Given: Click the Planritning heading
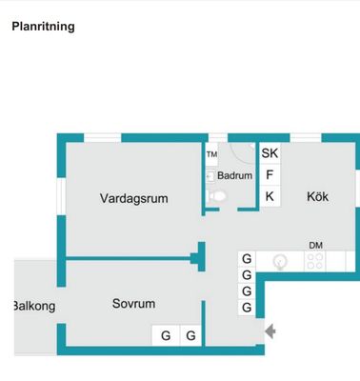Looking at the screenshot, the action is tap(43, 27).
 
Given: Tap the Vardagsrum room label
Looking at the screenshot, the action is tap(134, 198).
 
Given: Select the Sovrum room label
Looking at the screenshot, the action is tap(133, 304).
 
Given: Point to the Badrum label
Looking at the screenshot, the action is tap(234, 175).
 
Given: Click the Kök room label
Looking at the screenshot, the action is tap(317, 196).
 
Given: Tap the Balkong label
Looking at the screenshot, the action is tap(34, 306).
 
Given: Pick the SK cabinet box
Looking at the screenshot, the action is tap(270, 153).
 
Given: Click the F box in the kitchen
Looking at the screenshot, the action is tap(270, 175).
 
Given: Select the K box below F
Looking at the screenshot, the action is tap(270, 196).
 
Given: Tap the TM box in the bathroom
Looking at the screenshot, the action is tap(211, 154).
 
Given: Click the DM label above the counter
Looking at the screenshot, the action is tap(315, 246).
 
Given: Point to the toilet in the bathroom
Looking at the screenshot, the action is tap(217, 196).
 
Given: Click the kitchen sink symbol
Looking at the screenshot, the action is tap(280, 262).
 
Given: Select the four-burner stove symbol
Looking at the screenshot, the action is tap(314, 261).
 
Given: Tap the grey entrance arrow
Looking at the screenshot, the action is tap(270, 331).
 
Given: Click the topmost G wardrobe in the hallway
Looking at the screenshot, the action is tap(247, 259).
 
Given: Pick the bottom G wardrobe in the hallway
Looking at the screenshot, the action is tap(247, 308).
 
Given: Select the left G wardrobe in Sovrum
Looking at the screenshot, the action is tap(166, 335).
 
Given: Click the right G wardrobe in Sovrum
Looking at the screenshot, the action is tap(190, 335).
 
